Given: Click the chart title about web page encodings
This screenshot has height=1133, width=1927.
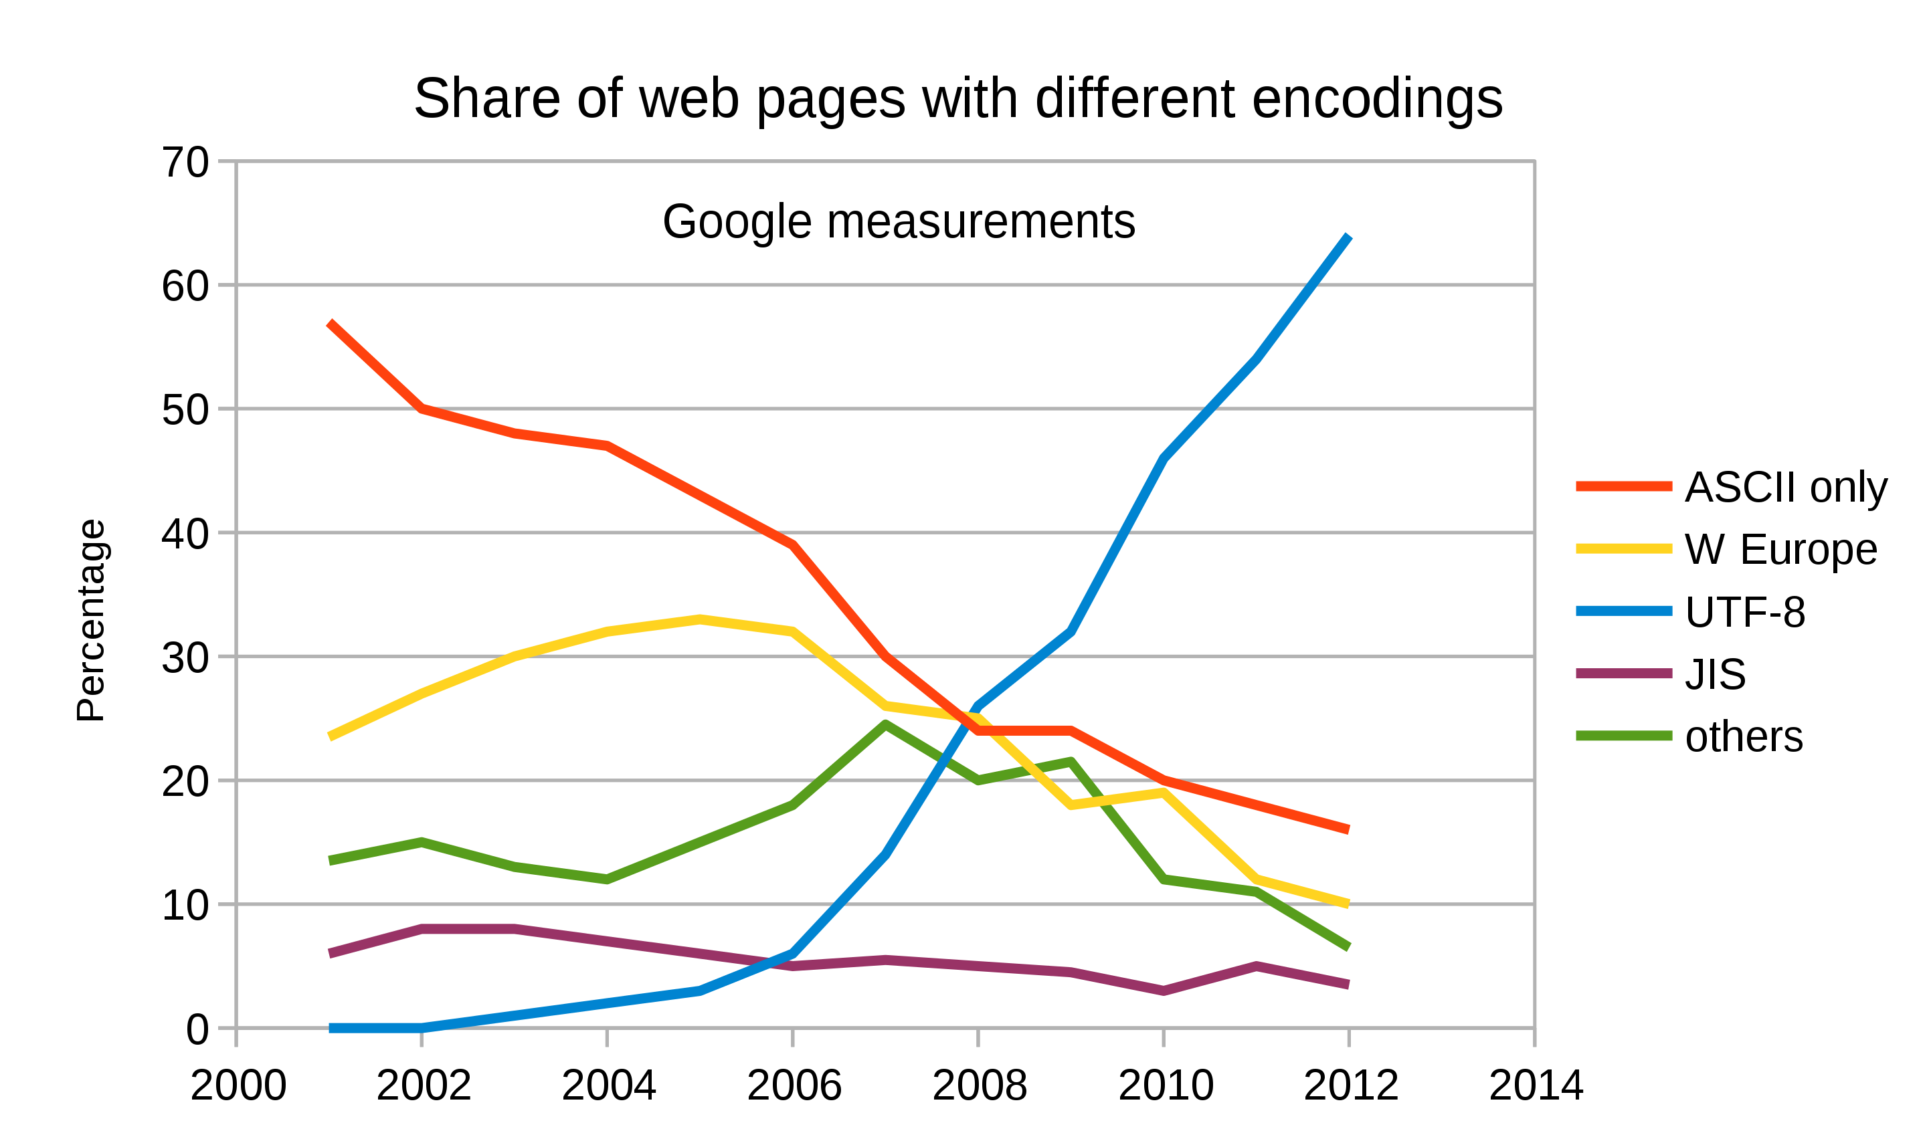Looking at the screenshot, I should (x=958, y=100).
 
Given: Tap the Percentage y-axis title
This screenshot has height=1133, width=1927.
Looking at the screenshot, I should (x=91, y=621).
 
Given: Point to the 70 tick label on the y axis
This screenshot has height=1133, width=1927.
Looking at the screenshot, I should (x=185, y=163).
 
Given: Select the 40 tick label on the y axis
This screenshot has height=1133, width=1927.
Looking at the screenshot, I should (x=185, y=534).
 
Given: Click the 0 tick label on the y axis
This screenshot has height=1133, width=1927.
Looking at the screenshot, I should (x=197, y=1030).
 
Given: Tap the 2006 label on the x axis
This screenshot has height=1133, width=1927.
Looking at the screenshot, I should (x=794, y=1085).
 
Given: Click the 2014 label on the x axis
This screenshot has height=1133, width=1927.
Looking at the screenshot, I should (x=1536, y=1085).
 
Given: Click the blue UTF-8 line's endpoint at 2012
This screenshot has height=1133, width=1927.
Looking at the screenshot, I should (x=1348, y=237).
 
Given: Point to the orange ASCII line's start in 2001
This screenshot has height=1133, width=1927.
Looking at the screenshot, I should (x=331, y=324).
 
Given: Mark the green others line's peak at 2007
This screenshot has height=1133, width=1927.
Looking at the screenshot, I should (x=885, y=724).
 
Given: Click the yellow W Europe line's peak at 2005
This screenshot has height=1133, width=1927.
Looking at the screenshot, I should (x=700, y=619).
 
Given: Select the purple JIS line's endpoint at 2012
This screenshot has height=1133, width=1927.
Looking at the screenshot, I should (x=1348, y=985).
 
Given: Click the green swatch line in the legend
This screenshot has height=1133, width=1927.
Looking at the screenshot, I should (x=1624, y=736).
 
